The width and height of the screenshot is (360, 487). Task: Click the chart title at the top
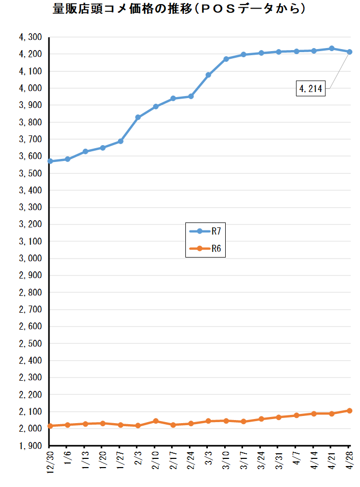[x=179, y=9]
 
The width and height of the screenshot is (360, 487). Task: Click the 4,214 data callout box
[x=310, y=88]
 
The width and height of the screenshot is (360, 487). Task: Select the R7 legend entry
[x=205, y=231]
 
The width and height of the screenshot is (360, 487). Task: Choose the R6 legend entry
[x=205, y=248]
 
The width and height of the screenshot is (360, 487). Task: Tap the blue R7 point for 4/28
[x=349, y=52]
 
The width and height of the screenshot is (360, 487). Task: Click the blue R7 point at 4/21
[x=332, y=49]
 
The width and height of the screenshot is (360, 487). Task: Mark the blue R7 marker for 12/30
[x=50, y=161]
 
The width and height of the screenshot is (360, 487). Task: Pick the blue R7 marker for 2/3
[x=138, y=118]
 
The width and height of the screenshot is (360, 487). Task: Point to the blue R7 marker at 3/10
[x=226, y=59]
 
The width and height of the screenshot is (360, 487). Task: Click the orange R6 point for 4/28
[x=349, y=410]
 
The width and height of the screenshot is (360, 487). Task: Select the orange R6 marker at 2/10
[x=156, y=421]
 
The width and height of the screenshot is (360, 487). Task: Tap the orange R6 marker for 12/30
[x=50, y=426]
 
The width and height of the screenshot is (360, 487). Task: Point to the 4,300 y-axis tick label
[x=31, y=37]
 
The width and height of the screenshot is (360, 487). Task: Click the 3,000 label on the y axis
[x=31, y=258]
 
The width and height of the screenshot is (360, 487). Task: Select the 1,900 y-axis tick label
[x=31, y=446]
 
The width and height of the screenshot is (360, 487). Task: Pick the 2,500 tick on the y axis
[x=31, y=343]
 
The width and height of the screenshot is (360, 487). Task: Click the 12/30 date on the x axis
[x=50, y=462]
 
